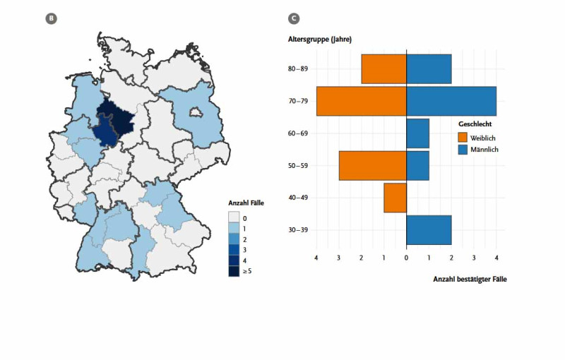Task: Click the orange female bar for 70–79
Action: [362, 101]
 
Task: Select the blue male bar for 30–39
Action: [429, 230]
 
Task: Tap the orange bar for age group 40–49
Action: [395, 198]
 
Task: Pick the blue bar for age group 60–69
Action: [417, 133]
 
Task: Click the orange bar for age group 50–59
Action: [373, 166]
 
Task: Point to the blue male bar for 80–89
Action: [429, 69]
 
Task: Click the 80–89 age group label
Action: [298, 68]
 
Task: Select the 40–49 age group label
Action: [298, 198]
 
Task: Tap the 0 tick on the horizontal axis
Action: [407, 258]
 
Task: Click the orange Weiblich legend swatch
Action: [463, 138]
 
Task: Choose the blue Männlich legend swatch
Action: [463, 150]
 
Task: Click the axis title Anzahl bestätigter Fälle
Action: [470, 280]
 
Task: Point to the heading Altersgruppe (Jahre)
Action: [320, 40]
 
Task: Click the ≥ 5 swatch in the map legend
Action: [234, 271]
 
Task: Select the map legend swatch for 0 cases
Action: [234, 217]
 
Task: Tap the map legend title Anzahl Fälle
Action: [246, 203]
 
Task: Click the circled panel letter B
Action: [51, 18]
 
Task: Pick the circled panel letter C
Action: [294, 18]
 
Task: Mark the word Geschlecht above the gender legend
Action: [475, 124]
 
